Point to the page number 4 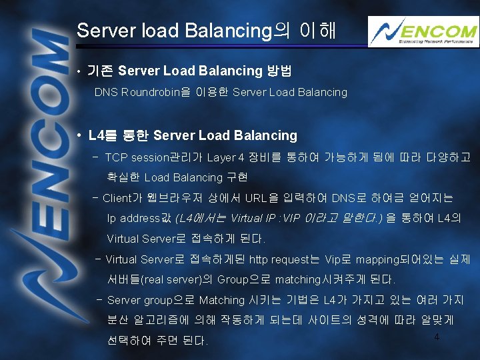point(437,337)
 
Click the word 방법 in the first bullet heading point(279,71)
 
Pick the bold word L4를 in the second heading point(101,135)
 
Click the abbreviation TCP point(116,158)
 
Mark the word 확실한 point(123,177)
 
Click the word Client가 point(123,198)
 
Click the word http point(258,259)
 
